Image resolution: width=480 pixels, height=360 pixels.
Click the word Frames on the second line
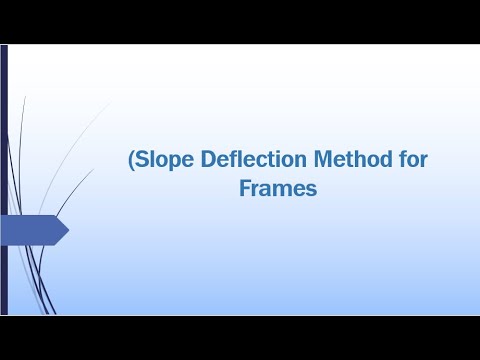pos(278,187)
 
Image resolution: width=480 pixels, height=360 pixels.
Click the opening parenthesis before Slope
pos(131,159)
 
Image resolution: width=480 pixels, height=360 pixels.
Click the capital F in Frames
pos(245,187)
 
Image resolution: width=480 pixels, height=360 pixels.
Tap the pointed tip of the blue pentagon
pos(67,231)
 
